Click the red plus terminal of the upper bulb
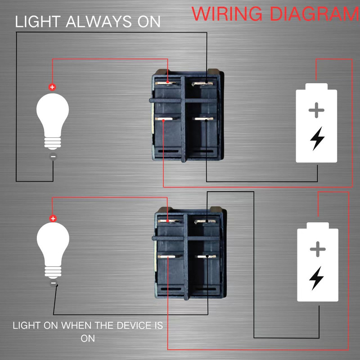[x=53, y=87]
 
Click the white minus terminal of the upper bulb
[x=53, y=156]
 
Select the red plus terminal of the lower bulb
[x=53, y=219]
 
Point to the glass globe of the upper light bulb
[x=53, y=112]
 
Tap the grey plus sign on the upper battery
[x=316, y=110]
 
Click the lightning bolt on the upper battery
[x=317, y=139]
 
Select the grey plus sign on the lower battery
[x=318, y=249]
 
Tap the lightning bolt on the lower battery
[x=317, y=278]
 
